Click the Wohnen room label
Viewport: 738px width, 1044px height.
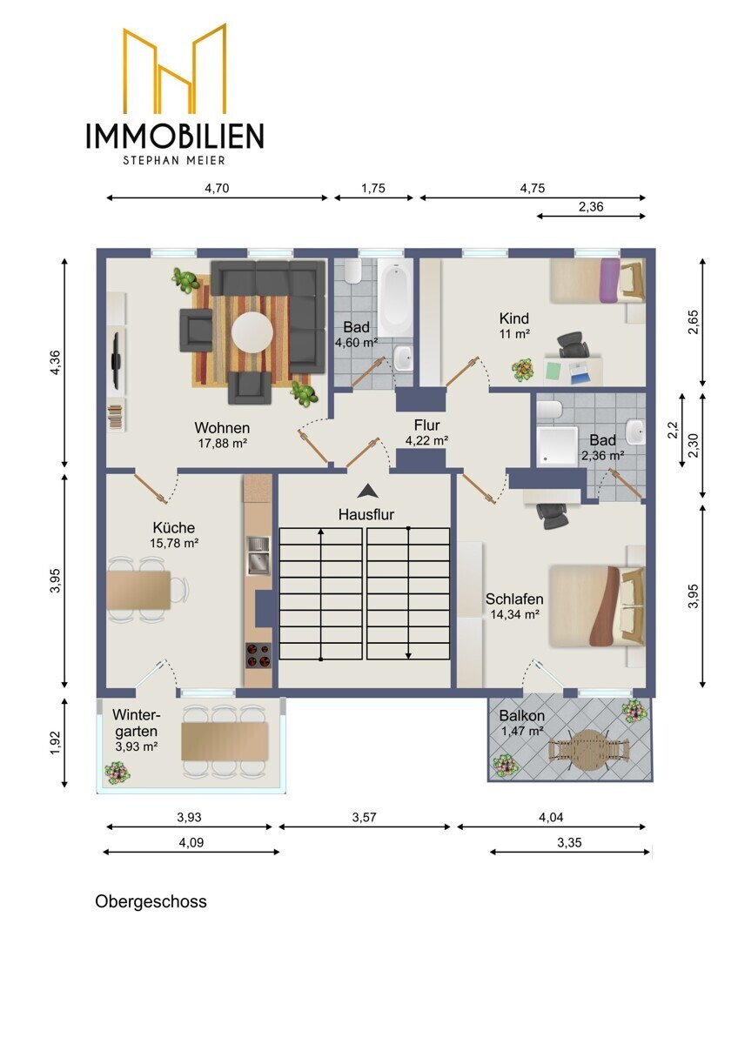click(222, 427)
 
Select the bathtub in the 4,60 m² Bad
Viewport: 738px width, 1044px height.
click(395, 298)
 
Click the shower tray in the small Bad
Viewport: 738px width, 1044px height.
click(557, 445)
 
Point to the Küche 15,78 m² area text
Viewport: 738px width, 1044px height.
click(174, 543)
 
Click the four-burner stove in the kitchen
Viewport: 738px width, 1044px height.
click(258, 655)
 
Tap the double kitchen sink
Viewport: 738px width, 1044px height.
click(258, 555)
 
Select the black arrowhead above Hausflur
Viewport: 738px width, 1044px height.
click(368, 491)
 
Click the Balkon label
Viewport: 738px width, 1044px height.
click(521, 715)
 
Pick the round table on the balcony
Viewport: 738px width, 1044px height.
click(590, 750)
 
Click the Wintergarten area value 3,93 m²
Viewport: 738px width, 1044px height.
click(136, 746)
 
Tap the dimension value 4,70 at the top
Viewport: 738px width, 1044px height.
click(217, 188)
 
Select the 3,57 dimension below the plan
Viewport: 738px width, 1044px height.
click(364, 817)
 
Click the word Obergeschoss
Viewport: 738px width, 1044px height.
click(151, 901)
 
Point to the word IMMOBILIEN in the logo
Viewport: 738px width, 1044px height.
click(175, 136)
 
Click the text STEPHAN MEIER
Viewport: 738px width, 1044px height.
click(174, 160)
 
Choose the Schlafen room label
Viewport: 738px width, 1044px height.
click(514, 599)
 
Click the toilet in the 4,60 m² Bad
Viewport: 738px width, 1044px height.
click(352, 271)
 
